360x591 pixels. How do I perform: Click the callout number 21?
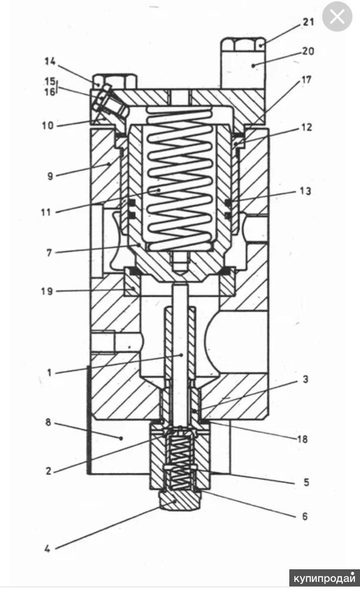click(308, 22)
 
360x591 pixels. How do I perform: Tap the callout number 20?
click(308, 50)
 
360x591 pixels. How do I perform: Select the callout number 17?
click(305, 80)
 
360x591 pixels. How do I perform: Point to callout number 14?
click(50, 61)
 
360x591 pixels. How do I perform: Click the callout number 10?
click(47, 125)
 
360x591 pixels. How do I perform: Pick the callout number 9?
click(50, 176)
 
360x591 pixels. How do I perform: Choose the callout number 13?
click(305, 191)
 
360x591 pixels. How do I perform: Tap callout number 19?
click(47, 291)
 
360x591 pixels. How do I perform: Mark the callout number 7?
click(49, 252)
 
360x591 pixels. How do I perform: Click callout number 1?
click(49, 373)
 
